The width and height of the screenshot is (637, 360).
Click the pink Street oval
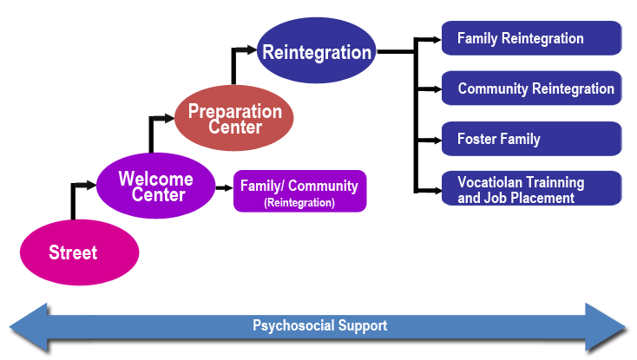click(80, 252)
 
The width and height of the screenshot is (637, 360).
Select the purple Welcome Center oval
click(156, 186)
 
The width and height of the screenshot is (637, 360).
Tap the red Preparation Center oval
click(234, 118)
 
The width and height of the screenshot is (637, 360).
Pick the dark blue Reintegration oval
click(317, 50)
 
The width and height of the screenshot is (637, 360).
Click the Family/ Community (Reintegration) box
click(299, 191)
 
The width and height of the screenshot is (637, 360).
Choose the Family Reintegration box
click(531, 38)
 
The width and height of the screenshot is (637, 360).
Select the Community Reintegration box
click(531, 88)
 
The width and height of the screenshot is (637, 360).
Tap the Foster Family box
click(531, 139)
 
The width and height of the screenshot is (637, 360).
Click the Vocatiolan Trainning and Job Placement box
click(531, 188)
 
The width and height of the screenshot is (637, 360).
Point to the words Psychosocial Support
click(319, 325)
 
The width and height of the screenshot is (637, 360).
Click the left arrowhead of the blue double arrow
click(29, 327)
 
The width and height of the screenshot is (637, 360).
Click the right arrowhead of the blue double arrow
click(605, 327)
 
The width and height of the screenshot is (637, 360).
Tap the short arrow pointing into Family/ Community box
click(224, 188)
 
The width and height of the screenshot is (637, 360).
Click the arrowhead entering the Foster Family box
click(437, 141)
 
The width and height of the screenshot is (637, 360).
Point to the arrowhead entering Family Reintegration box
click(437, 40)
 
